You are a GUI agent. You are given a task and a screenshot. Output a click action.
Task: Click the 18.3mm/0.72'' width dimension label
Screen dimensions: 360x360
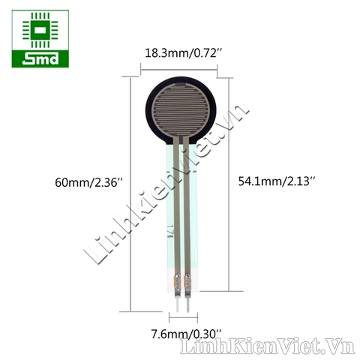tap(180, 53)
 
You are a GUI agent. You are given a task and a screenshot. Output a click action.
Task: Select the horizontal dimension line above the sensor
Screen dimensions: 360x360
tap(180, 69)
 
